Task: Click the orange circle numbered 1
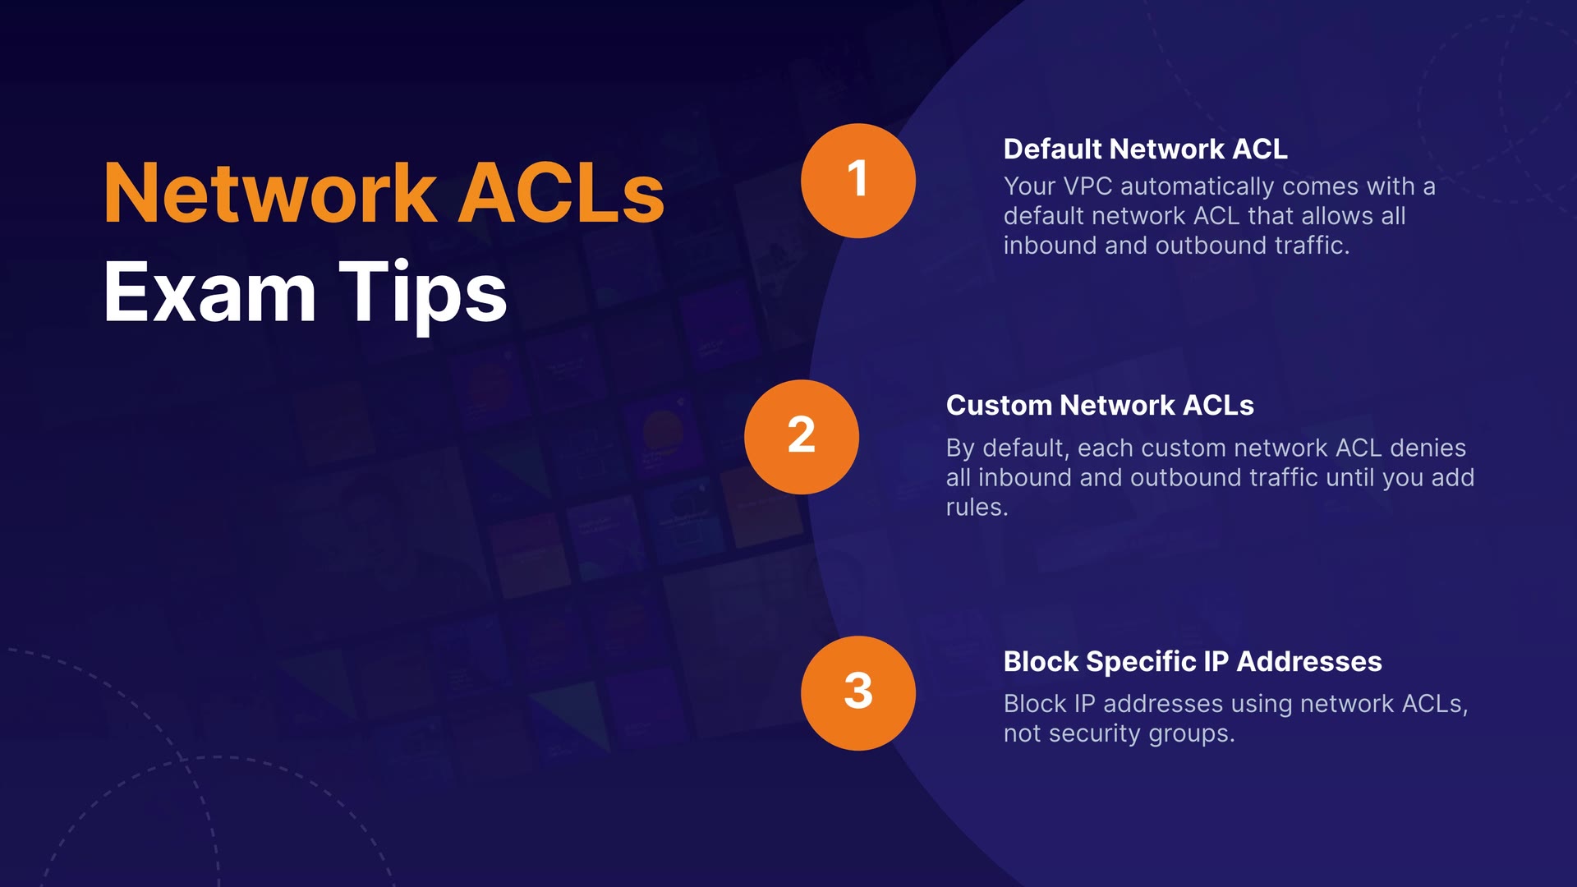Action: coord(857,181)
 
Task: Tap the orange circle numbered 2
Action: coord(801,436)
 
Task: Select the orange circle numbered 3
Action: coord(857,692)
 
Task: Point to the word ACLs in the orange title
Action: coord(560,194)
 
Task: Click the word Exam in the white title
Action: coord(209,292)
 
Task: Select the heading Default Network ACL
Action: coord(1145,149)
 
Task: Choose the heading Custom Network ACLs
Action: coord(1100,405)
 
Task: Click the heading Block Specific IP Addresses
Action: coord(1193,661)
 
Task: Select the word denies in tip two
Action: coord(1428,448)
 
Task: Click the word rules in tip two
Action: coord(976,507)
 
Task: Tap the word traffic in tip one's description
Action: coord(1311,246)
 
